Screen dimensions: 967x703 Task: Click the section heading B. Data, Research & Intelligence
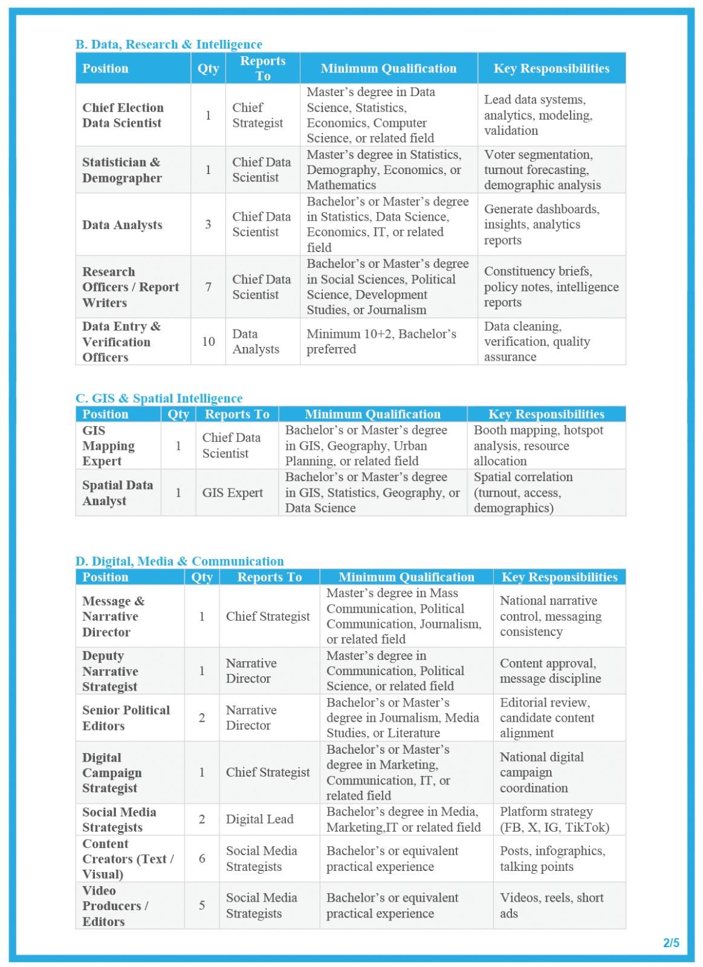point(169,44)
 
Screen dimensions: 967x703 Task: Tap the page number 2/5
point(671,942)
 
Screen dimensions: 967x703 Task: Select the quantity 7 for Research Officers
point(208,287)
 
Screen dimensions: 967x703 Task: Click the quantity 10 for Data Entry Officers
point(208,341)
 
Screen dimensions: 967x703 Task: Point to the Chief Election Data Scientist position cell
point(123,115)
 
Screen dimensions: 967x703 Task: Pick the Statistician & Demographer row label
point(121,170)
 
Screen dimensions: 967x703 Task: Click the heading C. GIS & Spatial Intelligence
point(158,398)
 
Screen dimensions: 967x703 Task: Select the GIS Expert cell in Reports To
point(232,493)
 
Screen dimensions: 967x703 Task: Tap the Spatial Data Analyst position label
point(117,493)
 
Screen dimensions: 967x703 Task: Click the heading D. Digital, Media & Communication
point(179,561)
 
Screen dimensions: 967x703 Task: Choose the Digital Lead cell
point(259,819)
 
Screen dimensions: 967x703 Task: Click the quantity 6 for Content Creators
point(202,858)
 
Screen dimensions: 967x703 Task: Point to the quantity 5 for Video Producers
point(202,905)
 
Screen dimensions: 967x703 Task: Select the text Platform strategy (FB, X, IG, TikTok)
point(554,819)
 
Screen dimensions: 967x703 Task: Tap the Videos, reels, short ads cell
point(551,905)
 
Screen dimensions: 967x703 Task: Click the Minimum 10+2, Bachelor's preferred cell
point(381,341)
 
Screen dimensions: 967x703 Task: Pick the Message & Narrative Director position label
point(113,616)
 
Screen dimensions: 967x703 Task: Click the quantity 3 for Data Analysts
point(208,224)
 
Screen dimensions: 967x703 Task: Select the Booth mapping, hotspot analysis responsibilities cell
point(538,445)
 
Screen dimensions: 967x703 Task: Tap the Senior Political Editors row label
point(126,717)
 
